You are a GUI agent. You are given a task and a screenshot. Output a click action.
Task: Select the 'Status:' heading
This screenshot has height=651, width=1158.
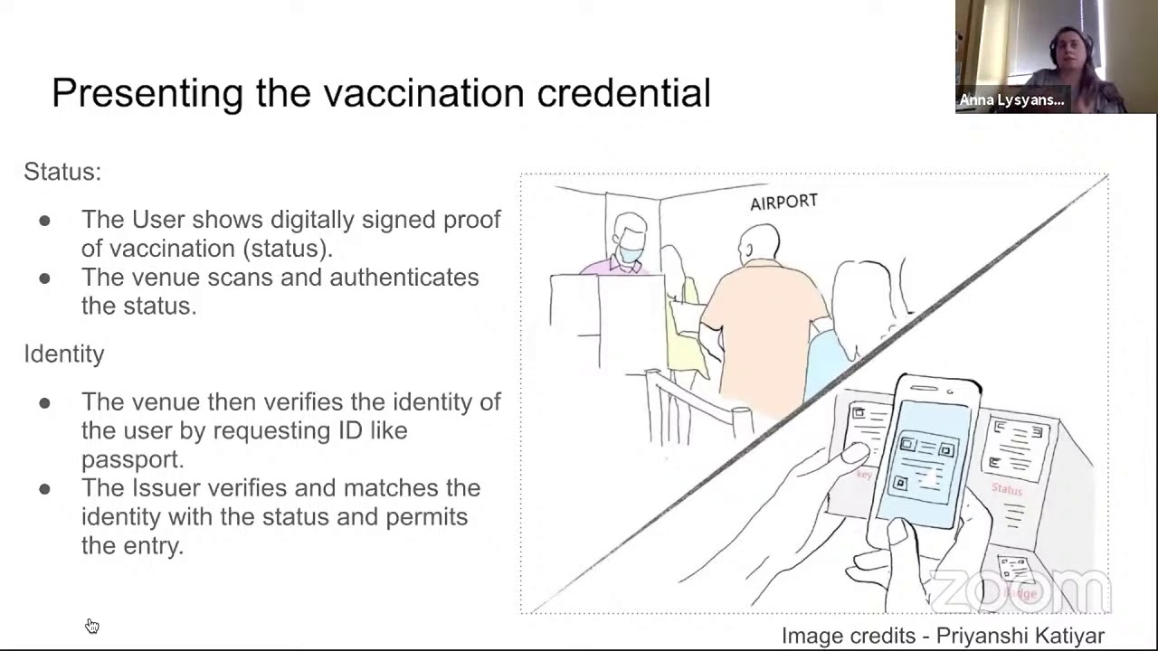(x=62, y=172)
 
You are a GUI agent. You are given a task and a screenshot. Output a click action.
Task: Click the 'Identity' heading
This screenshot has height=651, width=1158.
(x=64, y=354)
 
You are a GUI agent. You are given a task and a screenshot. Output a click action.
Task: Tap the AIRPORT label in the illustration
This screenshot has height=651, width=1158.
(x=783, y=203)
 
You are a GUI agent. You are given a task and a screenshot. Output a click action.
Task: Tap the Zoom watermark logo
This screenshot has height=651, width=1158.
(x=1020, y=591)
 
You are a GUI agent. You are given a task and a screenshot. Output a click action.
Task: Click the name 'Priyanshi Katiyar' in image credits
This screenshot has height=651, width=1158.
(x=1020, y=636)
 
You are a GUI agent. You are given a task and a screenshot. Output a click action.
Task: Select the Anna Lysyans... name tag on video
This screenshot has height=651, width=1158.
(x=1011, y=100)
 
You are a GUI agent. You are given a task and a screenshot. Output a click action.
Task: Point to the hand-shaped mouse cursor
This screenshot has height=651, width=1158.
(x=91, y=626)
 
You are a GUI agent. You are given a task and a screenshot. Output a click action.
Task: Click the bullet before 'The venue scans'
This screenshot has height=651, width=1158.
(x=44, y=278)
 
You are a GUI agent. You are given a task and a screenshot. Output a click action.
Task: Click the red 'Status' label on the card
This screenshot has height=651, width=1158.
(x=1006, y=489)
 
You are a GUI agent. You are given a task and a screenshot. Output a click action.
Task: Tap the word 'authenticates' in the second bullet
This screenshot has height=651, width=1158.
(x=403, y=278)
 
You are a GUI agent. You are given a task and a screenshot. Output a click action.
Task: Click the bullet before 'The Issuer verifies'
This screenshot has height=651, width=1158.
(x=44, y=489)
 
